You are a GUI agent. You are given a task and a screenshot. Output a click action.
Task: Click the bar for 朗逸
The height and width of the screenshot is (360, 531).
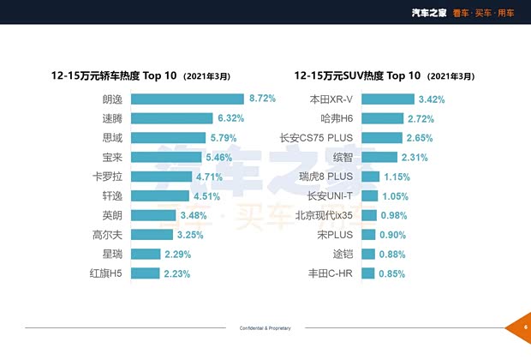pyautogui.click(x=188, y=99)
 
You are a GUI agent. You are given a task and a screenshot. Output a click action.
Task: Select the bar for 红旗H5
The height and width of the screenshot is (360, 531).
pyautogui.click(x=146, y=273)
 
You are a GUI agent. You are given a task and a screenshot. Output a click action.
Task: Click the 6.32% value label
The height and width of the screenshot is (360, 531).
pyautogui.click(x=231, y=118)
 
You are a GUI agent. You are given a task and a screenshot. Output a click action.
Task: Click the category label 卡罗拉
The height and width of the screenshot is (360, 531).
pyautogui.click(x=108, y=177)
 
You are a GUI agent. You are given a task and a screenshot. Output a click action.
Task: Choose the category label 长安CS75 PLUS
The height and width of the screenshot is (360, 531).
pyautogui.click(x=317, y=137)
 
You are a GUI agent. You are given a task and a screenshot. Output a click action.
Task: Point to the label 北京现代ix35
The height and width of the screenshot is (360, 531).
pyautogui.click(x=324, y=215)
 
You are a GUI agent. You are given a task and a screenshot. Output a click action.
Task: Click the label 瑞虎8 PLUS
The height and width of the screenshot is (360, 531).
pyautogui.click(x=325, y=177)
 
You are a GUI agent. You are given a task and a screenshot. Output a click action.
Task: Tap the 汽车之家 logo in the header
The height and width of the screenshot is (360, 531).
pyautogui.click(x=430, y=12)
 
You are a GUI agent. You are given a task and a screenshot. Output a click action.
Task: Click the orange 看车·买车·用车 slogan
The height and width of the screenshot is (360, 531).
pyautogui.click(x=488, y=12)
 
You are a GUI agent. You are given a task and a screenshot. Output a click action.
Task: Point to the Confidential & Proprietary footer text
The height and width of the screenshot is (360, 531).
pyautogui.click(x=265, y=328)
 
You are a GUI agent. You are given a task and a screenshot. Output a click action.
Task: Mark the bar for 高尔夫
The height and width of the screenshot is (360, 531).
pyautogui.click(x=152, y=235)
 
